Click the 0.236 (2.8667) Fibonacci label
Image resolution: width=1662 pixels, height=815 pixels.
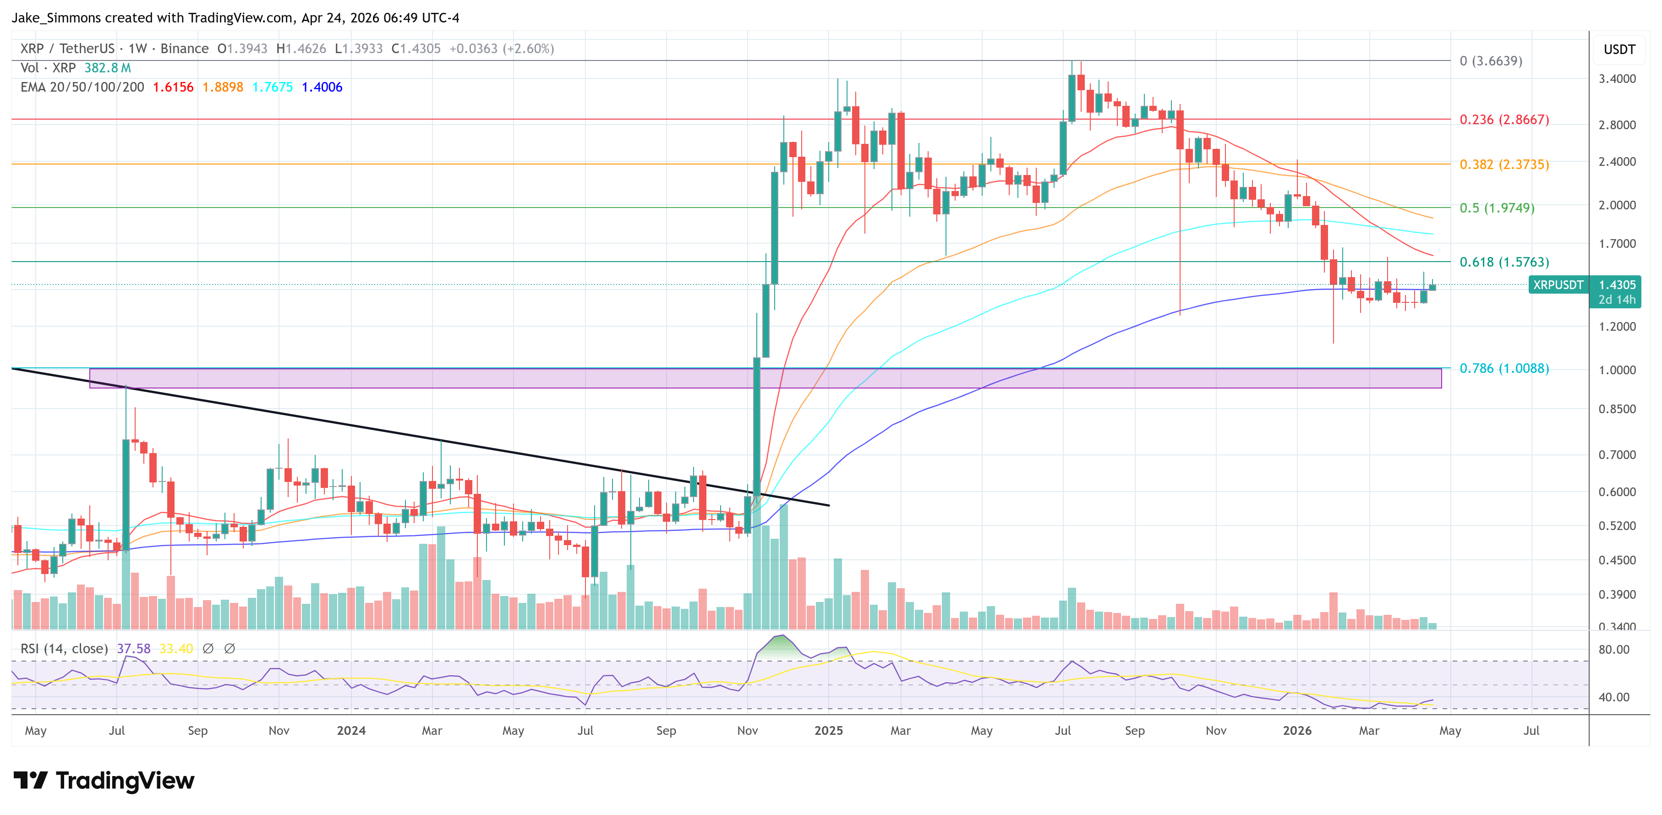pos(1503,120)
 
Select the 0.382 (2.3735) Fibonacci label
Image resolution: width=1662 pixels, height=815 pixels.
pos(1503,164)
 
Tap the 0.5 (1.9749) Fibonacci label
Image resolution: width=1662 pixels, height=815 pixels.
pos(1496,208)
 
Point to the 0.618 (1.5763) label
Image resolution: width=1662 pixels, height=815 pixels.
pos(1503,262)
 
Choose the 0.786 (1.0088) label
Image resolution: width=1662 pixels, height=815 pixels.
pos(1503,368)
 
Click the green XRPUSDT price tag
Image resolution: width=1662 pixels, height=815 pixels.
pos(1558,284)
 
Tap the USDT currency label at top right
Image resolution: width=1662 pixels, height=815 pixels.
pos(1619,49)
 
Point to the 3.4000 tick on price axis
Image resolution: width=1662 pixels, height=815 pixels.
pos(1617,79)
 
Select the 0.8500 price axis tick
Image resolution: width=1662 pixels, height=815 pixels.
pos(1617,409)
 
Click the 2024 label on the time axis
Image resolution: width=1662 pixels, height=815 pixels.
pos(351,730)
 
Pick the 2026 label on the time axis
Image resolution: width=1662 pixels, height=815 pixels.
pos(1297,730)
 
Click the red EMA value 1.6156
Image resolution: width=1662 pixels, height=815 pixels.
pos(173,87)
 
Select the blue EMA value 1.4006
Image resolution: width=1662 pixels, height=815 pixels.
pos(322,87)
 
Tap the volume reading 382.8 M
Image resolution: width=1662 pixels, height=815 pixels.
pos(107,68)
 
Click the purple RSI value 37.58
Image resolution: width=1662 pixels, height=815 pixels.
pos(134,649)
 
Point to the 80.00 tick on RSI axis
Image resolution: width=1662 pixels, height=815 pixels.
pos(1613,650)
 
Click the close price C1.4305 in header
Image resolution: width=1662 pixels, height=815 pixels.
pos(416,49)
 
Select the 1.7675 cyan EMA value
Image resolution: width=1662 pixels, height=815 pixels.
pos(272,87)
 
